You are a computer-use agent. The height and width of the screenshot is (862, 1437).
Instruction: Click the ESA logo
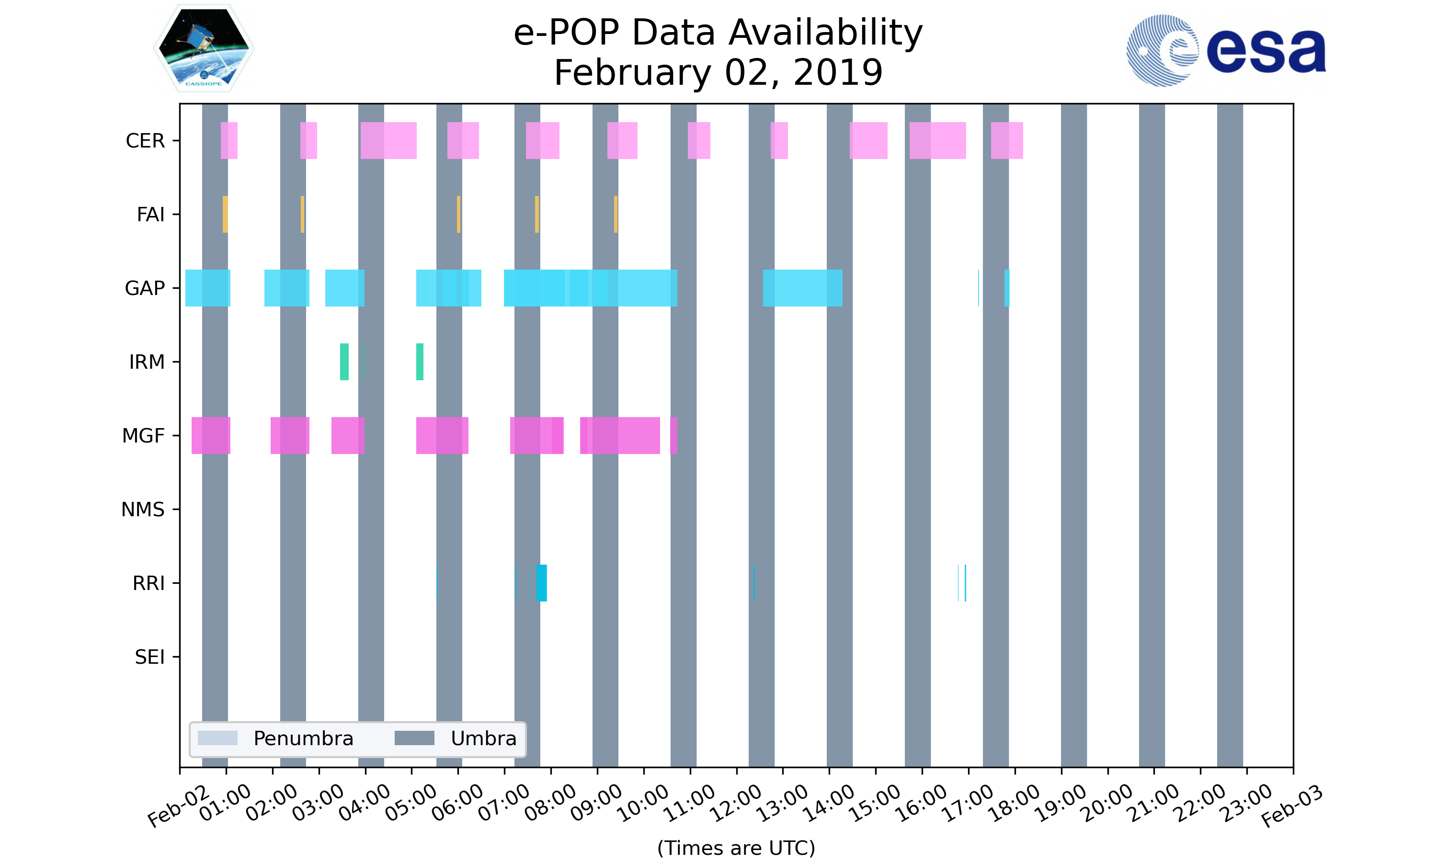click(1226, 51)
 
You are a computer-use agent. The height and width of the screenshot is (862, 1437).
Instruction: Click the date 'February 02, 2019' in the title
click(718, 73)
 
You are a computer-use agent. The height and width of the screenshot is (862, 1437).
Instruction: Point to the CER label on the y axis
click(145, 141)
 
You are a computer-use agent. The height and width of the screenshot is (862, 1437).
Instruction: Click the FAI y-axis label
click(150, 215)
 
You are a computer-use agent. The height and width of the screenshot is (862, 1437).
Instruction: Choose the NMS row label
click(143, 510)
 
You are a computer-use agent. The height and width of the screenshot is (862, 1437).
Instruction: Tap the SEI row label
click(150, 657)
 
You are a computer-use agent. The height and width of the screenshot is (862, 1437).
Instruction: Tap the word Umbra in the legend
click(483, 738)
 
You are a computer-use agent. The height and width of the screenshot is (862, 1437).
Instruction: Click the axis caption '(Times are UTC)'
click(736, 848)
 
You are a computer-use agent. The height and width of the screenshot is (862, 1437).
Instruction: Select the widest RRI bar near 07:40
click(541, 583)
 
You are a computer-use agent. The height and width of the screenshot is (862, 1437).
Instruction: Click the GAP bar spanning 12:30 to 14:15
click(803, 288)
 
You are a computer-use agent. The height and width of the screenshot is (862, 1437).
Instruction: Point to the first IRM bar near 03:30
click(344, 362)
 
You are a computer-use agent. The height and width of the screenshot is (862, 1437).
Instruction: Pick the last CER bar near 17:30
click(1006, 141)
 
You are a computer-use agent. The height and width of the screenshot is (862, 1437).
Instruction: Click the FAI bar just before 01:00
click(225, 215)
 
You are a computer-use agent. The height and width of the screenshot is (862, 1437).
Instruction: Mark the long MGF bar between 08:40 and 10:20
click(620, 436)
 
